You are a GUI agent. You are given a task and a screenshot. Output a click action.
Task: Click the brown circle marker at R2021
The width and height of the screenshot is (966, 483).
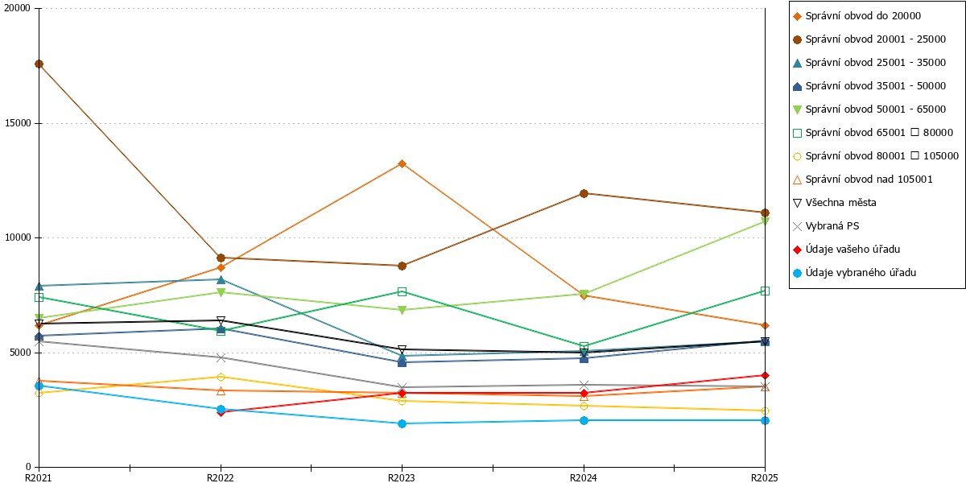click(39, 64)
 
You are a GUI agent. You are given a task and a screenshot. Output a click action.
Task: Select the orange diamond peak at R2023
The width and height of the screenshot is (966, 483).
click(402, 164)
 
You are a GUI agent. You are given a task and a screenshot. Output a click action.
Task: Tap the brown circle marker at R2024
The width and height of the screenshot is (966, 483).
click(584, 194)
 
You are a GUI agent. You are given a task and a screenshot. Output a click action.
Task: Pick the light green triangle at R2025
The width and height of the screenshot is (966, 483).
click(765, 221)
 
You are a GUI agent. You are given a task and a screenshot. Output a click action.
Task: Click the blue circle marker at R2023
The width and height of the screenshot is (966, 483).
click(402, 423)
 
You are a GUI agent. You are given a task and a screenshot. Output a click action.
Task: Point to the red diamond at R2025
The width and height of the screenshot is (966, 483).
click(765, 376)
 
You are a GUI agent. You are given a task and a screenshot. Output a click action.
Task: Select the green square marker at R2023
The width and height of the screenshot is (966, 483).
click(402, 292)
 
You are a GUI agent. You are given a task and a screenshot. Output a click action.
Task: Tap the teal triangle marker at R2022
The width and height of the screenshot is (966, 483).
click(221, 279)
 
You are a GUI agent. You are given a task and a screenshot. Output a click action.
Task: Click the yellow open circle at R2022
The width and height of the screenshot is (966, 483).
click(221, 377)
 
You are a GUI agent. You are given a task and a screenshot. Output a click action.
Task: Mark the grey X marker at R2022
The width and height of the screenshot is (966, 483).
click(221, 357)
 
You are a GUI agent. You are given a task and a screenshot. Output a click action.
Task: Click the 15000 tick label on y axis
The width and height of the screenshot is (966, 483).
click(18, 123)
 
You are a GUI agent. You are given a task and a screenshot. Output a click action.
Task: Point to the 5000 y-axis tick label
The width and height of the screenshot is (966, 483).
click(20, 353)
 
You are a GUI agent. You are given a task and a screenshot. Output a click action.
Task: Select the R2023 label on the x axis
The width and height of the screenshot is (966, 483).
click(402, 477)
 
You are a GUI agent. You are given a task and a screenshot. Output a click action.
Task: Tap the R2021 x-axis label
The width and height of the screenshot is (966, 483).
click(39, 477)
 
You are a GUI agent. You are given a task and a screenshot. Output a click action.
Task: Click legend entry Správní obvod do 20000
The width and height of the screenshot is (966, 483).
click(857, 16)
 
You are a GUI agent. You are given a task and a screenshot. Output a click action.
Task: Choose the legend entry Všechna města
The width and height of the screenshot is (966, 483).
click(835, 203)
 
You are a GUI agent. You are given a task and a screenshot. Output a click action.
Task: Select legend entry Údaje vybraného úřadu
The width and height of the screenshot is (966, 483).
click(855, 273)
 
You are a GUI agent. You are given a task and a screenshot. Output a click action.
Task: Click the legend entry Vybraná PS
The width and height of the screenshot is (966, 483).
click(826, 226)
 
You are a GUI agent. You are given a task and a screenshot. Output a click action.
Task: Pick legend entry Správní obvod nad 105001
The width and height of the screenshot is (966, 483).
click(863, 180)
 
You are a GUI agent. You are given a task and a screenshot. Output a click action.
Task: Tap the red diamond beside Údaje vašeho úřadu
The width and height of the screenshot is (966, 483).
click(798, 250)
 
